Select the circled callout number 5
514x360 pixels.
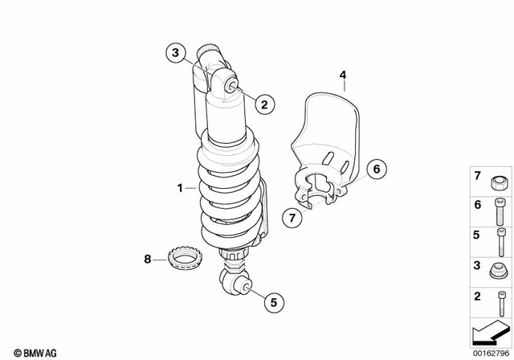pyautogui.click(x=272, y=303)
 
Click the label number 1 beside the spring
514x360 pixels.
pyautogui.click(x=181, y=188)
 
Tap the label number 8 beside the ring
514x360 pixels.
pyautogui.click(x=147, y=259)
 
